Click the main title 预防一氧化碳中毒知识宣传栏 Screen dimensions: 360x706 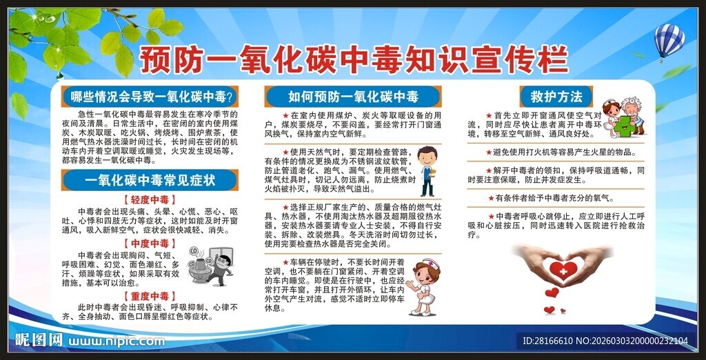353,60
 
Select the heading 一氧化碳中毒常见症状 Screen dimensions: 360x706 150,180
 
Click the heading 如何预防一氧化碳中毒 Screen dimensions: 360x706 352,96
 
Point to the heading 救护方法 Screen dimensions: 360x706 552,96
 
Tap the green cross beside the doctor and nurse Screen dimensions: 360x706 625,126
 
